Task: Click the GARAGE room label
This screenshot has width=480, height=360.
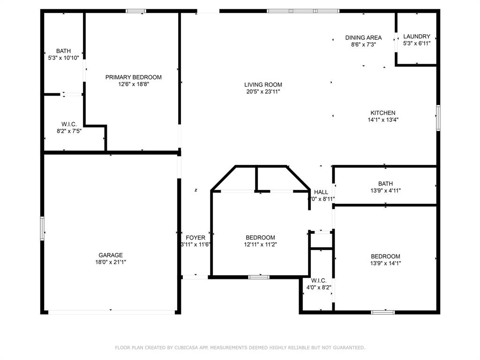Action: [111, 255]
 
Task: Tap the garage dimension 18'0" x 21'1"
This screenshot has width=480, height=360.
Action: [111, 262]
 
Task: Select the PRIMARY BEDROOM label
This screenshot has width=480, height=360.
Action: [133, 77]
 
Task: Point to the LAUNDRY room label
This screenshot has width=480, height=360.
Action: [417, 37]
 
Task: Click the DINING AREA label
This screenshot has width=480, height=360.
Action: [363, 37]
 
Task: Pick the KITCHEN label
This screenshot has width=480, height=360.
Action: [383, 113]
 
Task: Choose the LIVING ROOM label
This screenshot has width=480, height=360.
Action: [263, 85]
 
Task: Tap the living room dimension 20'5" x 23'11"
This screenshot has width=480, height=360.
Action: [263, 92]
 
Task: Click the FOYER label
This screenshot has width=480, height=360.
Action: [195, 238]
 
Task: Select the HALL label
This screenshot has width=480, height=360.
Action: [321, 192]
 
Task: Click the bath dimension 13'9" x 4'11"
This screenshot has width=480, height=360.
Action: [386, 191]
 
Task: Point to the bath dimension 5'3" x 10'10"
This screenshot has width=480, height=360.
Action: [63, 58]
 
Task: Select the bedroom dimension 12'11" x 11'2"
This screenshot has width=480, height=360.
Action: [260, 245]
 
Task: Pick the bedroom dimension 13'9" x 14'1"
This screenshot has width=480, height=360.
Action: [385, 263]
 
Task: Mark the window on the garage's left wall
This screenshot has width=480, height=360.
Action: [42, 228]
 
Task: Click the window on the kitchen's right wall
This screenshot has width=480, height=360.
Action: [438, 117]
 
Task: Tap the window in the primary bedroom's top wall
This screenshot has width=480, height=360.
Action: [136, 11]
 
